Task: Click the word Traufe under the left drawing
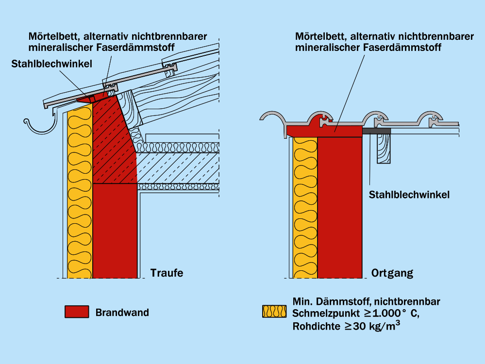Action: (x=167, y=273)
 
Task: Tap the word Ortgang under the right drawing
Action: (x=392, y=273)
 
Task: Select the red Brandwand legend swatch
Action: (x=77, y=312)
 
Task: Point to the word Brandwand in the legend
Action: (x=122, y=313)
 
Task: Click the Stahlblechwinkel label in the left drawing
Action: (x=52, y=64)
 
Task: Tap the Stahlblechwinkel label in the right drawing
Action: (x=409, y=195)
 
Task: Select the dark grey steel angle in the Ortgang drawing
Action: (x=376, y=131)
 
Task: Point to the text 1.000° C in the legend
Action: (x=388, y=314)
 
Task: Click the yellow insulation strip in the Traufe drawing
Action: (x=79, y=194)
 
